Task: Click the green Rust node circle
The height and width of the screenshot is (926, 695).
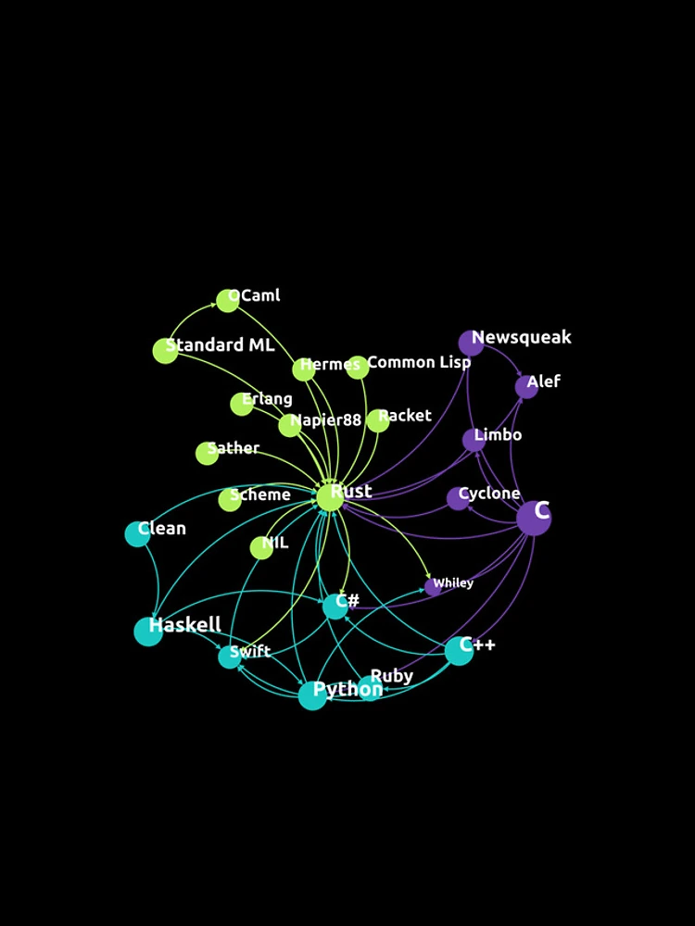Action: (331, 497)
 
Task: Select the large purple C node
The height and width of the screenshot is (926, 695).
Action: (534, 518)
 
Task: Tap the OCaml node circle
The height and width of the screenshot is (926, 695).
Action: (228, 301)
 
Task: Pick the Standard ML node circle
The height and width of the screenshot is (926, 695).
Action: (166, 351)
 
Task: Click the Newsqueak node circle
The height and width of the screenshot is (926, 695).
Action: (471, 344)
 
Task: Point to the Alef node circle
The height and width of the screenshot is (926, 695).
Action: (526, 387)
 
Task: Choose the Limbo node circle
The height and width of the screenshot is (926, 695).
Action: (474, 440)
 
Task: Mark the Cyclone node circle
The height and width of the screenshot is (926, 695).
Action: (458, 498)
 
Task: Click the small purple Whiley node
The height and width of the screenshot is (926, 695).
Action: (433, 587)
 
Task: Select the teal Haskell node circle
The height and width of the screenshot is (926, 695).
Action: (148, 632)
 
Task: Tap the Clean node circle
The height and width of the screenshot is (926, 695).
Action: (137, 534)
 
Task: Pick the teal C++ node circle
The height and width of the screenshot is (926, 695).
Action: (460, 651)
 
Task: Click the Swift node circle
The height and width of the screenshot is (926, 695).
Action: (230, 657)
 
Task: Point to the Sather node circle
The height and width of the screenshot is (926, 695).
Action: (207, 453)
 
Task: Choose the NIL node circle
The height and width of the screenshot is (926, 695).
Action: (261, 547)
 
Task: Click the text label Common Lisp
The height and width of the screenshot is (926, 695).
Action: (419, 362)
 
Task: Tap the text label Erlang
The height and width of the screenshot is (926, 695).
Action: (267, 398)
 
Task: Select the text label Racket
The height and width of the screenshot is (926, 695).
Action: (405, 416)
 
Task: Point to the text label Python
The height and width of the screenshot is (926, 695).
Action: (347, 689)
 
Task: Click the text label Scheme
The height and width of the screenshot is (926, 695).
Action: (260, 494)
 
